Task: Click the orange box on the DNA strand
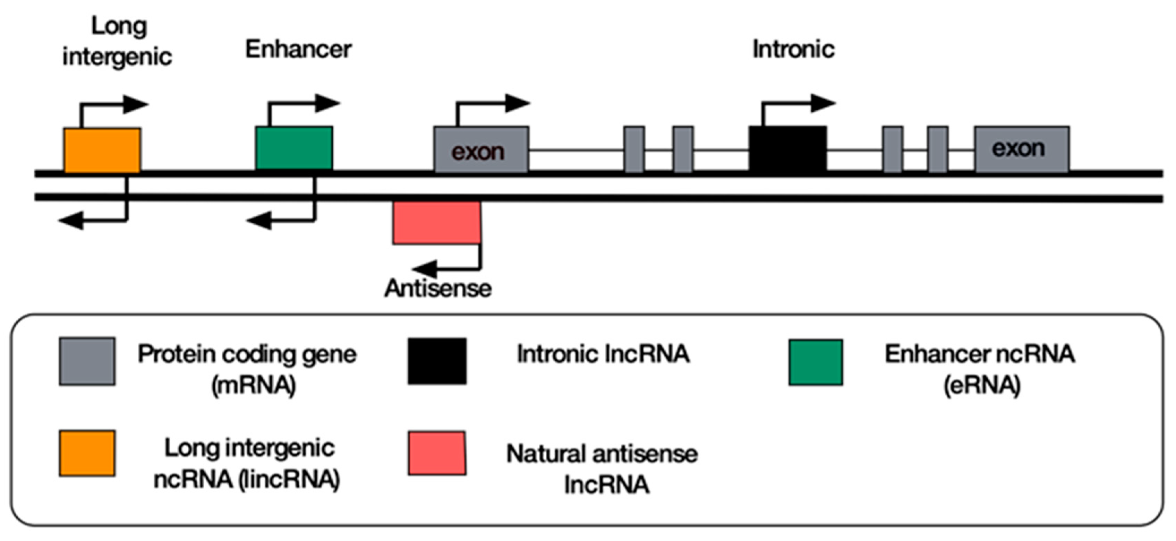102,150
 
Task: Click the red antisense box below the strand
437,223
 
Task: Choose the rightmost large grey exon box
1022,149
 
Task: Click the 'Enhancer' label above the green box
298,49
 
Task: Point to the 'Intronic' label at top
793,49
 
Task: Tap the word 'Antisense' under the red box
438,288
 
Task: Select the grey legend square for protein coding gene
87,361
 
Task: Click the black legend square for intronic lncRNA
437,361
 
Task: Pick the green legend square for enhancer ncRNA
815,362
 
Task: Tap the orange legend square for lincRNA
87,453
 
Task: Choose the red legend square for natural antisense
437,453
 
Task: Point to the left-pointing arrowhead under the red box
425,268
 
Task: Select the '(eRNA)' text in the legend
981,385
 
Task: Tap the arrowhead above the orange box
136,104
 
